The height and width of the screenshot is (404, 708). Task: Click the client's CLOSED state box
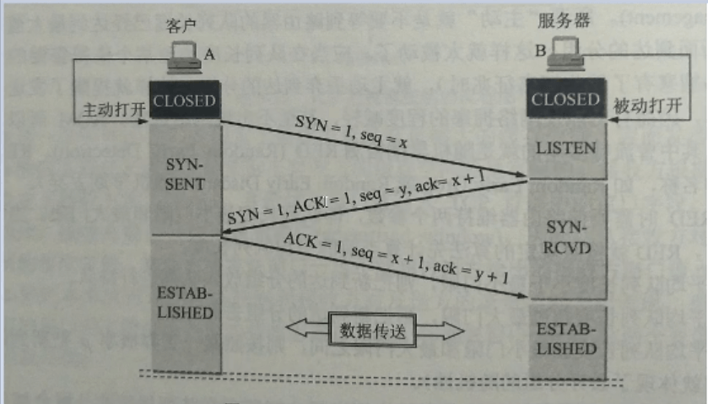pyautogui.click(x=185, y=100)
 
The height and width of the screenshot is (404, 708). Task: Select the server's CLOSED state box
pyautogui.click(x=565, y=100)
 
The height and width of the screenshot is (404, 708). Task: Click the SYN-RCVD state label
pyautogui.click(x=566, y=238)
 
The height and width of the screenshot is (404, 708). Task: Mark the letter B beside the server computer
pyautogui.click(x=540, y=51)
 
